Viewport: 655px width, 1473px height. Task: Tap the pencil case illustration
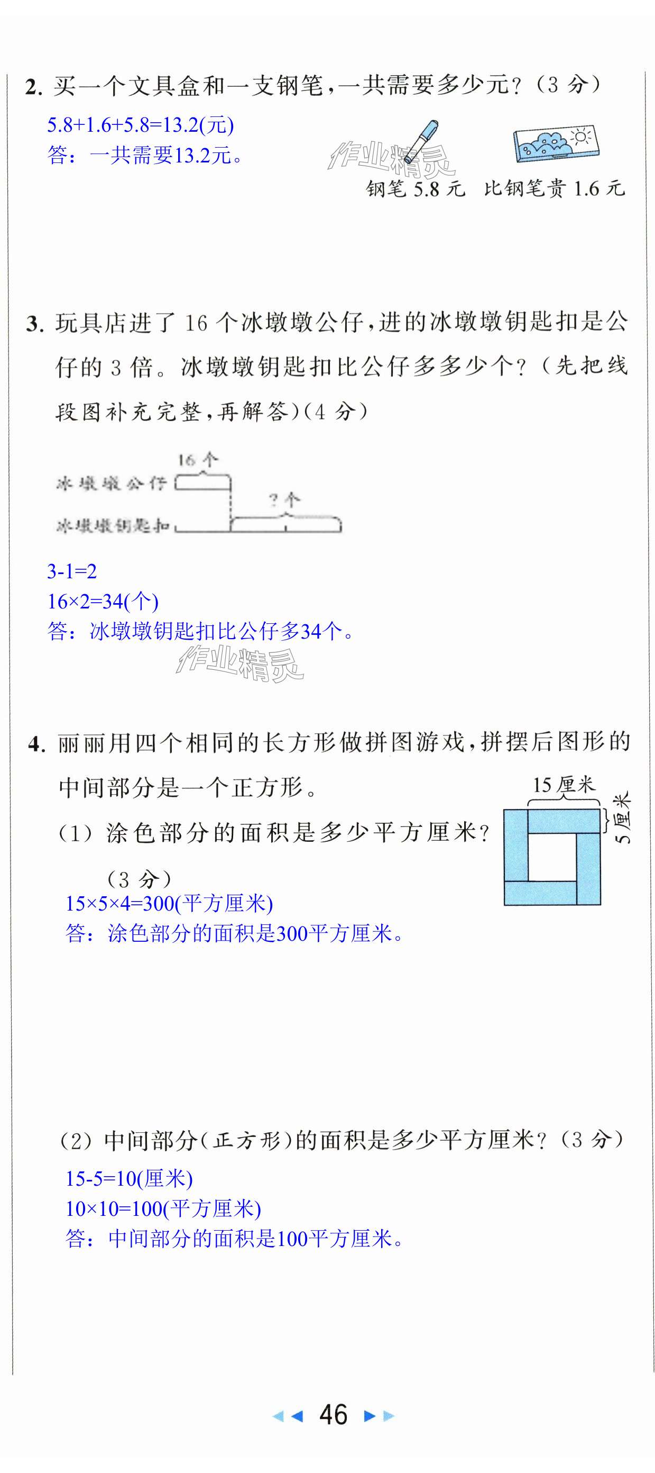(556, 143)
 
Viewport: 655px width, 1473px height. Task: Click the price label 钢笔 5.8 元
(416, 189)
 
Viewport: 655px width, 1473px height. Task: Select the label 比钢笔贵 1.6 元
(554, 188)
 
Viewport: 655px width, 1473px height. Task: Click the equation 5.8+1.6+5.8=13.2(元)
(141, 125)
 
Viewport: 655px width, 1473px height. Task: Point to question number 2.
(34, 87)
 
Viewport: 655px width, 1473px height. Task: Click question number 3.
(35, 324)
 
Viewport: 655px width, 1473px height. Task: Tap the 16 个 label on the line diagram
(197, 460)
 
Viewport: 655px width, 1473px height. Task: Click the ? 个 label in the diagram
(284, 501)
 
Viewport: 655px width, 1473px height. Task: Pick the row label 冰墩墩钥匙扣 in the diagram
(113, 525)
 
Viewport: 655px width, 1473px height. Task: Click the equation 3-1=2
(72, 571)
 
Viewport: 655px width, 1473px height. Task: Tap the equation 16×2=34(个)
(103, 601)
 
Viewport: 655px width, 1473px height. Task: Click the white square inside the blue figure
(551, 857)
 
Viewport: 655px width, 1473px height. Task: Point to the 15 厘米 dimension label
(563, 785)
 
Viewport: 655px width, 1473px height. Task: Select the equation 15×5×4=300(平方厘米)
(169, 904)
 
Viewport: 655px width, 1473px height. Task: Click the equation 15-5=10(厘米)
(129, 1178)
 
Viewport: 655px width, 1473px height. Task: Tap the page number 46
(333, 1415)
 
